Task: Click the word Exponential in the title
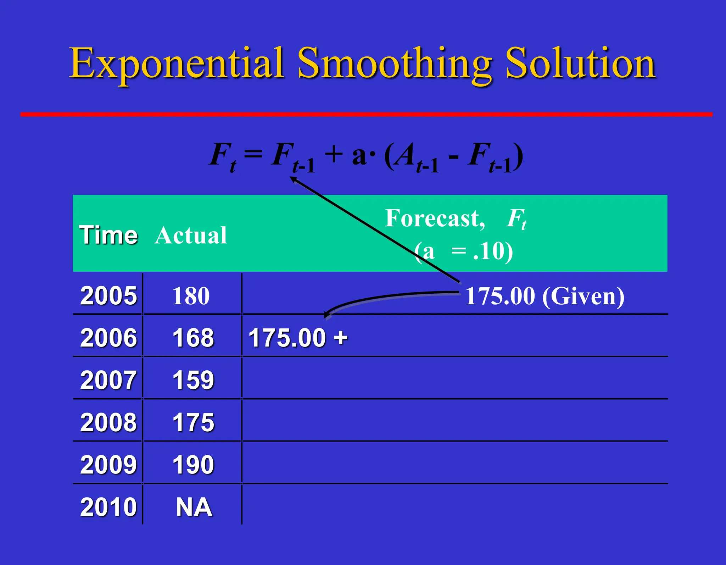[x=176, y=64]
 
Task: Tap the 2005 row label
[x=108, y=295]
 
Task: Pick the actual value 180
[x=191, y=296]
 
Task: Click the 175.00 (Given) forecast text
[x=544, y=296]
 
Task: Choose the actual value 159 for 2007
[x=193, y=380]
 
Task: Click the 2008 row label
[x=108, y=422]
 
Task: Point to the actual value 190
[x=193, y=464]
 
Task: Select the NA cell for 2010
[x=194, y=507]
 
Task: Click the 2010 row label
[x=108, y=507]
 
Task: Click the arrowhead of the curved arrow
[x=327, y=315]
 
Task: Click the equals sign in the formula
[x=253, y=154]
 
